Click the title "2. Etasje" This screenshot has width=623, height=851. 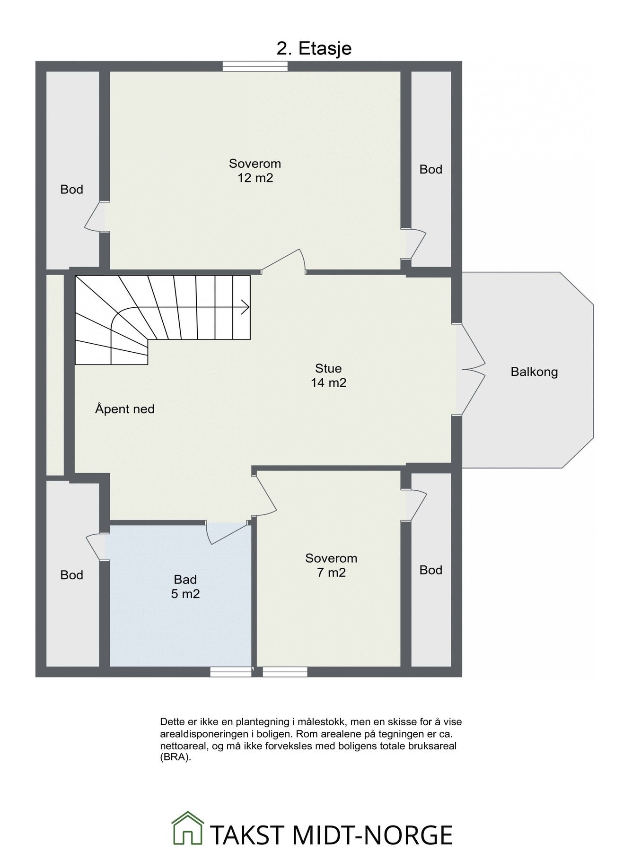(x=314, y=49)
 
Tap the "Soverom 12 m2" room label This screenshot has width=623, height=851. (x=255, y=171)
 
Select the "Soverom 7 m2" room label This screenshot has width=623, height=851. (x=331, y=565)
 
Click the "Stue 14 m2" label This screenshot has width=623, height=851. (x=328, y=375)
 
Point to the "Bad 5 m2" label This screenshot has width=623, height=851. (x=185, y=586)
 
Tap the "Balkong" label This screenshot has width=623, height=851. (x=534, y=372)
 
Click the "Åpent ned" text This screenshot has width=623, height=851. (x=125, y=409)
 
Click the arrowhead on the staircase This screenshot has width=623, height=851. (x=246, y=308)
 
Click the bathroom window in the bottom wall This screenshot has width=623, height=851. (x=231, y=671)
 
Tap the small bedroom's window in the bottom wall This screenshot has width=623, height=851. (x=285, y=671)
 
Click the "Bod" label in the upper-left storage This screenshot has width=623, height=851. (x=72, y=190)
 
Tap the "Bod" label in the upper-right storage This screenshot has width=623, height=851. (x=431, y=169)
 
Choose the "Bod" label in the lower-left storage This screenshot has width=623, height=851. (x=72, y=575)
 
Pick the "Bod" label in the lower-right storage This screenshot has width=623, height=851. (x=431, y=570)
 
